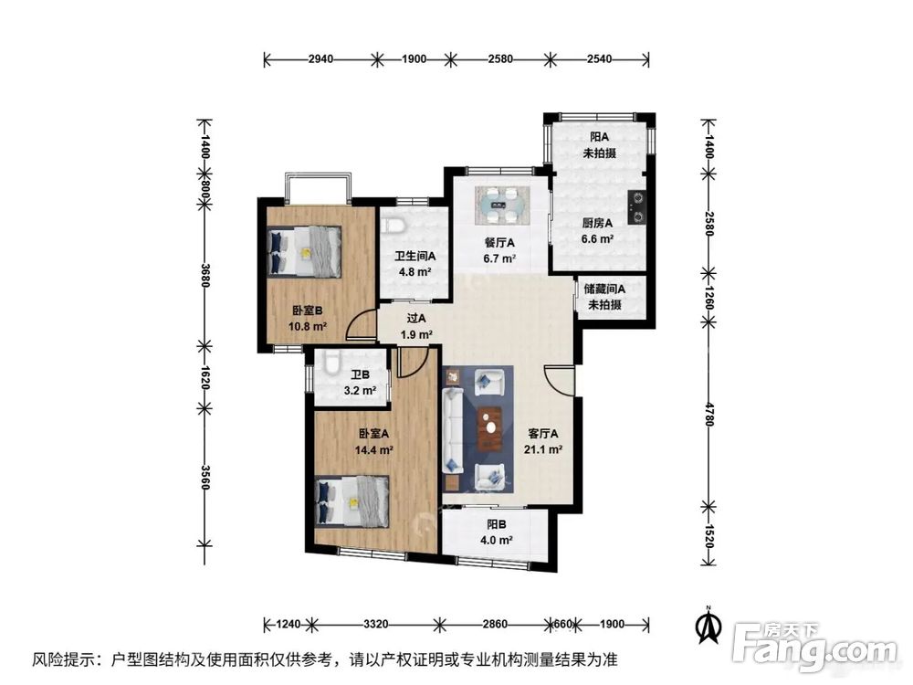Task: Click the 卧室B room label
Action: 305,310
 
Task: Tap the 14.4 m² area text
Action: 375,450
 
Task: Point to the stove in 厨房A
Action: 637,206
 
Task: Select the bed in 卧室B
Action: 305,249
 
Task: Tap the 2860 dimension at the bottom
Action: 496,625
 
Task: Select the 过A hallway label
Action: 416,319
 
